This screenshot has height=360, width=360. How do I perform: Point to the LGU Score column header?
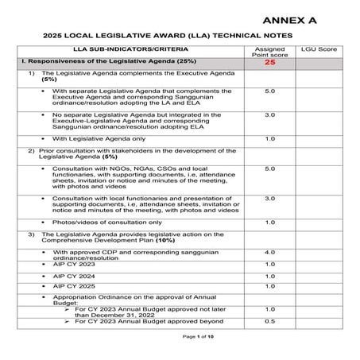(x=321, y=49)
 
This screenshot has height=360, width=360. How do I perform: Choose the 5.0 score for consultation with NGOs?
(x=269, y=168)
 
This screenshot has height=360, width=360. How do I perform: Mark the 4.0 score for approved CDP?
(x=269, y=252)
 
